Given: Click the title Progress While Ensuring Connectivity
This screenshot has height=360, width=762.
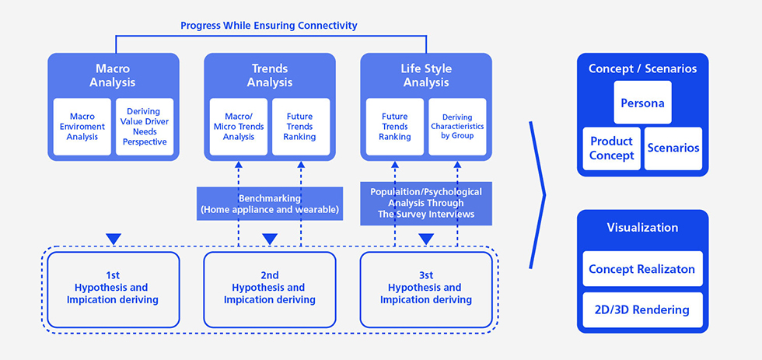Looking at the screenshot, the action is click(269, 25).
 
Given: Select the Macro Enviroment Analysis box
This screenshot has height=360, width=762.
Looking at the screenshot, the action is click(82, 127).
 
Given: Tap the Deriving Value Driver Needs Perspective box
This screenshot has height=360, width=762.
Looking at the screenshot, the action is click(145, 127).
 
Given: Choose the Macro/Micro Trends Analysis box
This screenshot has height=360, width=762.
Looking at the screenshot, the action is click(239, 127).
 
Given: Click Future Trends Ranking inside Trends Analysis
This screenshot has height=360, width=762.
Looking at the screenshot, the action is click(301, 127).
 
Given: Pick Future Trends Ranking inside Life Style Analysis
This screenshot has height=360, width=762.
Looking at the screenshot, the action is click(395, 127).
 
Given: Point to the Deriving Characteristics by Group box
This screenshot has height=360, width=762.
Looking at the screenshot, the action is click(457, 127).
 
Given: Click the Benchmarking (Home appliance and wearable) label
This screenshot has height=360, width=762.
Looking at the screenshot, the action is click(270, 204).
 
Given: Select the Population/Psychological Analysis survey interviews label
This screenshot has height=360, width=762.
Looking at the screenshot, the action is click(426, 203).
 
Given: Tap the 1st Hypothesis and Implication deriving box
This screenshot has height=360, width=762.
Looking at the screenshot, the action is click(114, 289).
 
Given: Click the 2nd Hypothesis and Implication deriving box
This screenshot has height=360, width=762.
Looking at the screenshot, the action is click(270, 289).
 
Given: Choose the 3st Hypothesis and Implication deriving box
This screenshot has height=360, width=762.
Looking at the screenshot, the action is click(426, 289).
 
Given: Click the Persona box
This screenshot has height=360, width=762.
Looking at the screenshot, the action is click(642, 103).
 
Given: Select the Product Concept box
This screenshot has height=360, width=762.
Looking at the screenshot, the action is click(611, 149).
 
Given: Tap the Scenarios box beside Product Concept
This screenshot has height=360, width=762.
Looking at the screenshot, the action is click(673, 149).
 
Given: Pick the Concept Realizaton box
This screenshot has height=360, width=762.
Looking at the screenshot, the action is click(642, 269).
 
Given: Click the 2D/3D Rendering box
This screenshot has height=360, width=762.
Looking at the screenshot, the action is click(642, 310).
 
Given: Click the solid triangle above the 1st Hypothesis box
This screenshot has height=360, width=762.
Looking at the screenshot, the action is click(114, 239).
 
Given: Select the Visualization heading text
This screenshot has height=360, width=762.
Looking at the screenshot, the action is click(642, 227).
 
